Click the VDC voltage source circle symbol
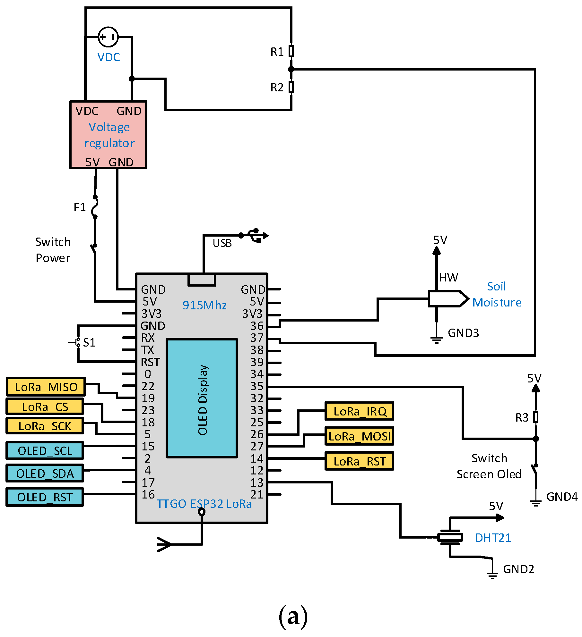coord(108,37)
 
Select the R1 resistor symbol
coord(291,51)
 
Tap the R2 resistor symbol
coord(291,87)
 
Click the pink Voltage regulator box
coord(108,135)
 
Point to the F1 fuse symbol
coord(95,207)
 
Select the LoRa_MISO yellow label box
coord(46,387)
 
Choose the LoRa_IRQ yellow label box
coord(359,411)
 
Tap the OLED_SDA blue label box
coord(45,473)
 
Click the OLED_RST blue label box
coord(45,497)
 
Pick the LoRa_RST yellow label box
coord(359,461)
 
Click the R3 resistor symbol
coord(535,417)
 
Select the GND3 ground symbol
coord(436,339)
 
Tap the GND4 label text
coord(562,497)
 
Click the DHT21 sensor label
coord(493,538)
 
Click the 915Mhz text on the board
coord(204,305)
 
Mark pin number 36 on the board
coord(257,326)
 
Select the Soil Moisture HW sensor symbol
coord(448,299)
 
